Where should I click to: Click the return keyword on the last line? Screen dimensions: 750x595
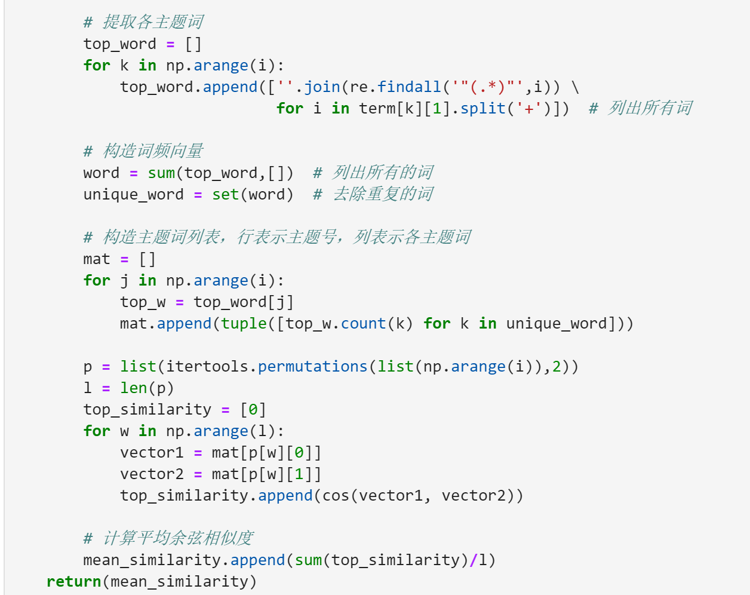pyautogui.click(x=73, y=581)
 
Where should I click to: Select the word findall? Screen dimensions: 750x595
pyautogui.click(x=409, y=87)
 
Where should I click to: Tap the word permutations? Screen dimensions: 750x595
pyautogui.click(x=312, y=366)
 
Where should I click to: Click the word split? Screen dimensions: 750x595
pyautogui.click(x=482, y=108)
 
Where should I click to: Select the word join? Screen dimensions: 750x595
pyautogui.click(x=322, y=87)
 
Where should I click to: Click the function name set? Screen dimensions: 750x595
pyautogui.click(x=225, y=194)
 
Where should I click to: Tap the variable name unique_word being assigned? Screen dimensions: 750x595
pyautogui.click(x=133, y=194)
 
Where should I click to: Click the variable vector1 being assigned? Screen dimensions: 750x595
pyautogui.click(x=152, y=452)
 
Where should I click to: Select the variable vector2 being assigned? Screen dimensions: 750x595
pyautogui.click(x=152, y=474)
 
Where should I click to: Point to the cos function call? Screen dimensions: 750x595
pyautogui.click(x=336, y=495)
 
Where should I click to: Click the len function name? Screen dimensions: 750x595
pyautogui.click(x=134, y=388)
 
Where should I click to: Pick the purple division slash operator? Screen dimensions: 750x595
pyautogui.click(x=474, y=560)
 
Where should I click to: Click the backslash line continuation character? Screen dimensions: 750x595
pyautogui.click(x=575, y=87)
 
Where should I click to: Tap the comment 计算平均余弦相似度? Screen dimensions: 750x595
pyautogui.click(x=178, y=538)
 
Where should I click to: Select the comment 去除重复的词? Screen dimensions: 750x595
pyautogui.click(x=383, y=194)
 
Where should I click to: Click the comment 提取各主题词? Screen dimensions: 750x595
pyautogui.click(x=153, y=22)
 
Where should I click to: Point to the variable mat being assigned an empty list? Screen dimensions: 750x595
pyautogui.click(x=97, y=259)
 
